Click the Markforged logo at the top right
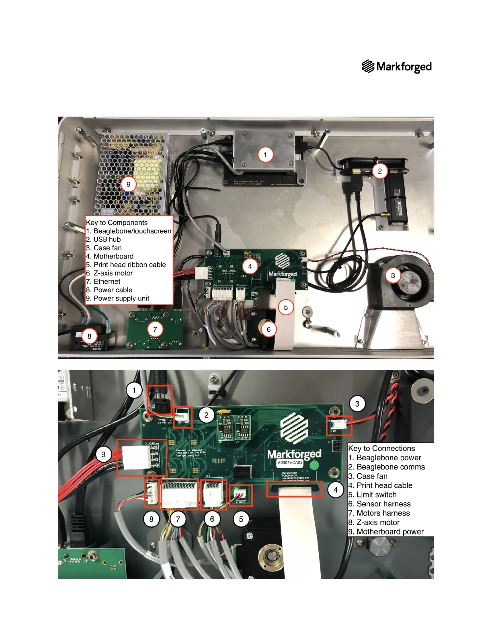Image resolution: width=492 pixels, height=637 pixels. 397,67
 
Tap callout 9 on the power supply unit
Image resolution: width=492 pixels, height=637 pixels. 128,185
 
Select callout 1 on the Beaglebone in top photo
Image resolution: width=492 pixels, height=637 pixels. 265,154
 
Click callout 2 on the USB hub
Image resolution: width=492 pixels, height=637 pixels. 379,171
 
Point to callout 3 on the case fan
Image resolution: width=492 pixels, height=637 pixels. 393,275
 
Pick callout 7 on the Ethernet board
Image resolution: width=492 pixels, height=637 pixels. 155,329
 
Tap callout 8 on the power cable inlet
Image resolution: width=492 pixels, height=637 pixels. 89,336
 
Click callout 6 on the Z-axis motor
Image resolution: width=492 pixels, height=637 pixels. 269,330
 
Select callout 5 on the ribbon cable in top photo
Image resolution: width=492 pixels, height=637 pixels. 285,308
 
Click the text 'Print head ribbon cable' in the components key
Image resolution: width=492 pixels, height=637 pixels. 129,265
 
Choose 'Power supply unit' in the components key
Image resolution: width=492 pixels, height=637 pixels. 121,298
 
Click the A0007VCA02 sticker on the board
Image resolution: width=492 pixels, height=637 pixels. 290,463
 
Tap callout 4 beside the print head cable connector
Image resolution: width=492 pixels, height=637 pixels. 335,490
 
